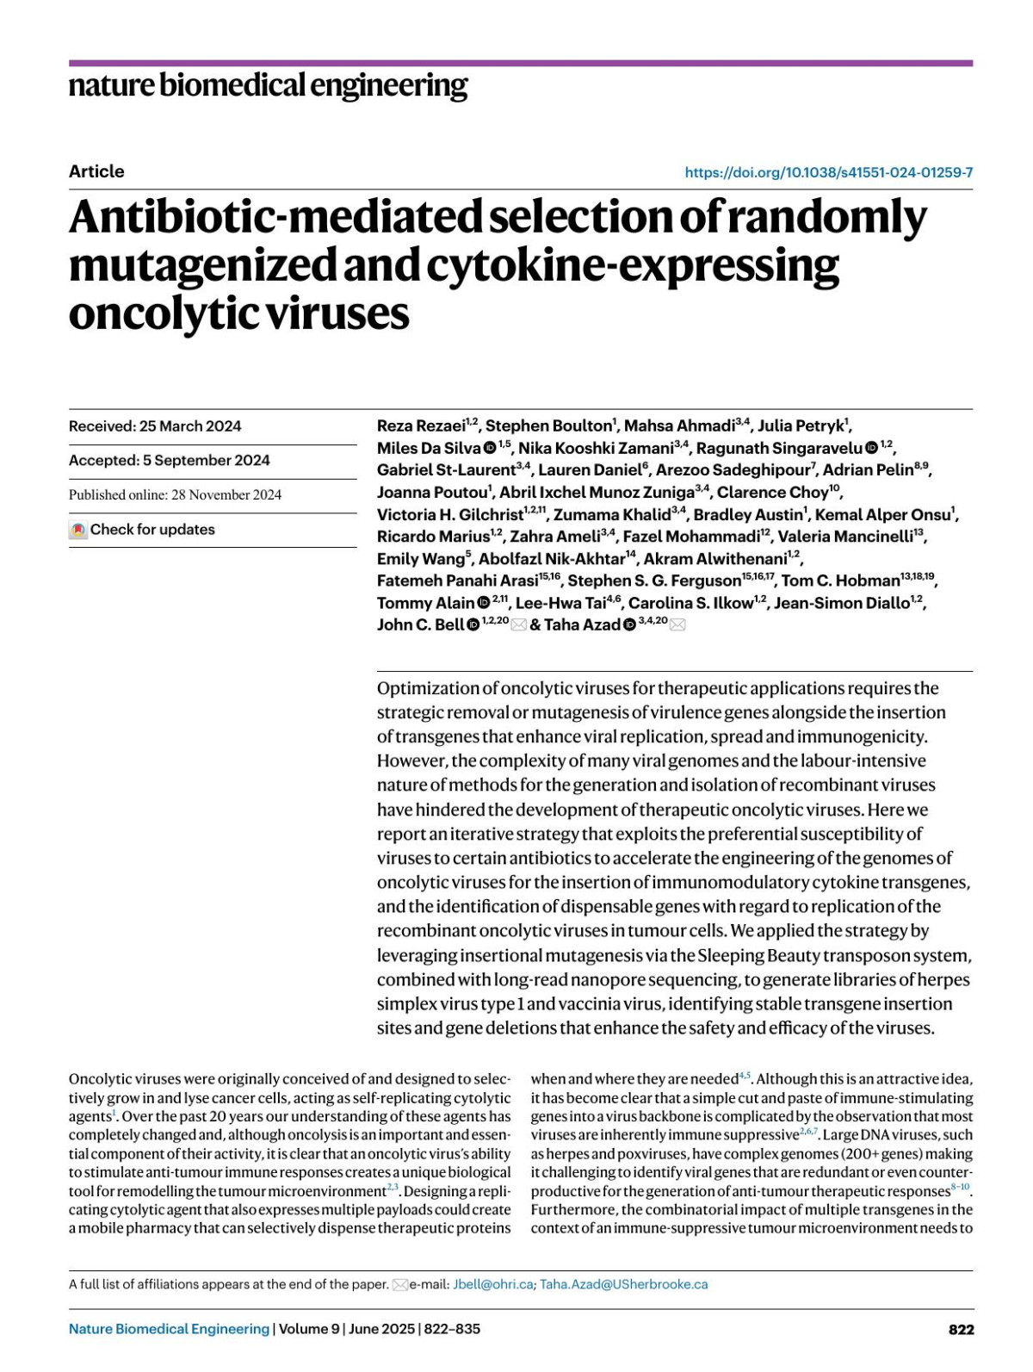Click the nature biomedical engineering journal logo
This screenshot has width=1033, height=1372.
(268, 85)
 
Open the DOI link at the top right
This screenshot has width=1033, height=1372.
(828, 172)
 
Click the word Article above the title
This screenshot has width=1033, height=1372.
(96, 171)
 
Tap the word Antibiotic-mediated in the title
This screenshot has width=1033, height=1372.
(275, 217)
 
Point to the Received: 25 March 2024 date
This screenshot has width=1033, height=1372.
(155, 426)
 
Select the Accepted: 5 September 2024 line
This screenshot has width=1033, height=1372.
(170, 461)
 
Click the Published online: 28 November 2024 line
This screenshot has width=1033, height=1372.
(175, 495)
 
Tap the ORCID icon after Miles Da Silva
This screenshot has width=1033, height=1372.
(490, 448)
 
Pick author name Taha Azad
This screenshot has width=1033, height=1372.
(582, 625)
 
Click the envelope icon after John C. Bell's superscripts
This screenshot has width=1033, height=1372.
(518, 625)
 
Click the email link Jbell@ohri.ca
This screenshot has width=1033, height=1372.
(492, 1284)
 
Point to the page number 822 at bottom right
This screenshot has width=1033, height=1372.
(961, 1329)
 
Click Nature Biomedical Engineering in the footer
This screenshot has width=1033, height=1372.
(169, 1329)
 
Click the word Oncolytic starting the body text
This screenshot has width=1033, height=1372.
(102, 1079)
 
